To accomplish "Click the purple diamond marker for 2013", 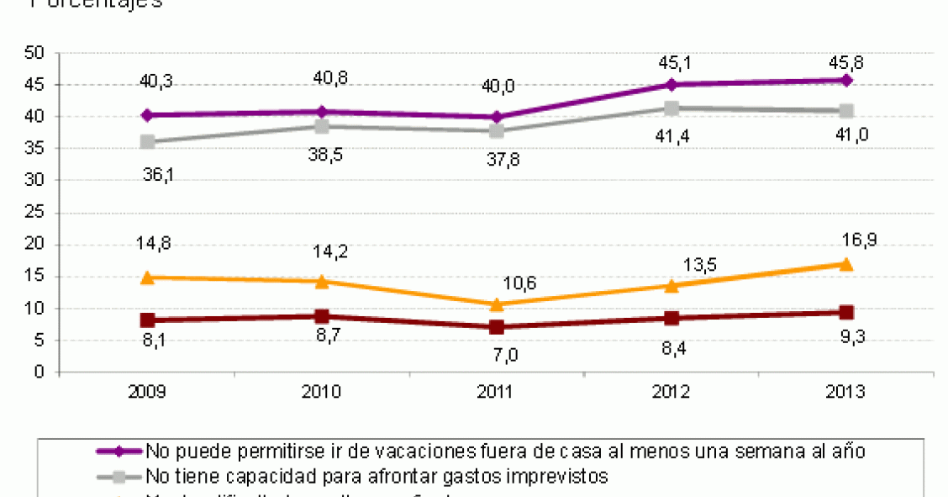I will (846, 80).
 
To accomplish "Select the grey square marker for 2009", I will (148, 141).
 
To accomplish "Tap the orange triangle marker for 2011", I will (497, 304).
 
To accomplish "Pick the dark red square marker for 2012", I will (671, 318).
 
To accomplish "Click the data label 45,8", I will (845, 61).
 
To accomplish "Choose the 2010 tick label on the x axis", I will (323, 392).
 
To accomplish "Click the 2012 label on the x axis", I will (671, 392).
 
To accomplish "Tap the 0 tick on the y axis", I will (39, 372).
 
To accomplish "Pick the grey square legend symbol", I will (120, 476).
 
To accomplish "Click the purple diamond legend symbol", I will (120, 451).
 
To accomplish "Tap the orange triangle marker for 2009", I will (148, 277).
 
